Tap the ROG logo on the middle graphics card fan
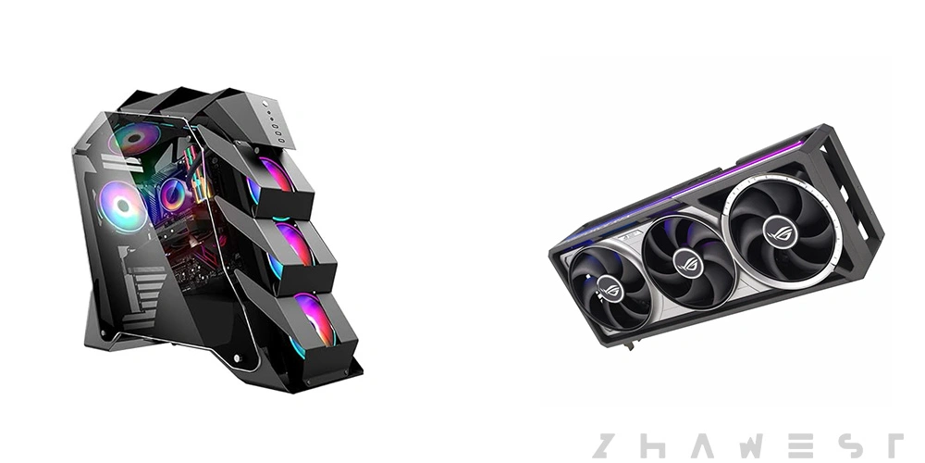tap(688, 263)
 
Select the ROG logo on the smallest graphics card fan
tap(610, 289)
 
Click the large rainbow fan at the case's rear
tap(123, 206)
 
